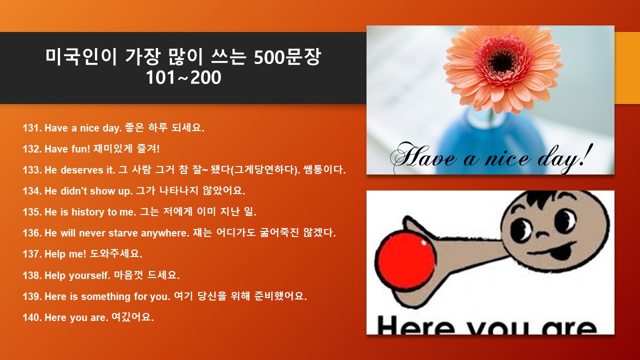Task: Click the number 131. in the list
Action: click(x=32, y=128)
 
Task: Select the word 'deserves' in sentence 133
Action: click(x=81, y=170)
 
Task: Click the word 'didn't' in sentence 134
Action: click(x=73, y=191)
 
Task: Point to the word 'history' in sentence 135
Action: click(x=88, y=212)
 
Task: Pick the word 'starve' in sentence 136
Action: click(x=123, y=233)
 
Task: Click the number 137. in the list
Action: click(x=32, y=254)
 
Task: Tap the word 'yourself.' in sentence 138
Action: click(x=89, y=275)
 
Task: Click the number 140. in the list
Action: click(x=32, y=317)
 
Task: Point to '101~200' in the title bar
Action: click(x=183, y=77)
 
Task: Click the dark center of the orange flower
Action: click(x=502, y=60)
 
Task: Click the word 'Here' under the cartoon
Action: click(x=415, y=325)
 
